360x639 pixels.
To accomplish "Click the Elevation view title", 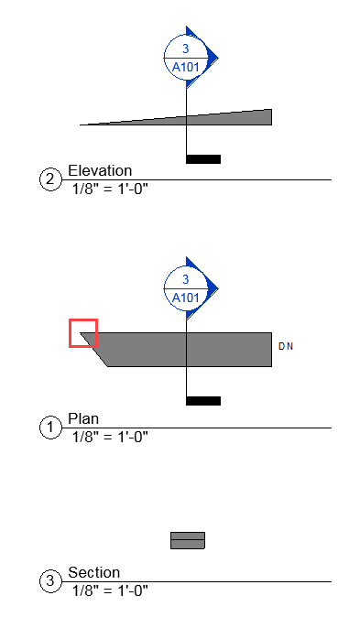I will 100,170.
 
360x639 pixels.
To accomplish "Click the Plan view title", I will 83,418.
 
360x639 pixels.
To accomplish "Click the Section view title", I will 93,572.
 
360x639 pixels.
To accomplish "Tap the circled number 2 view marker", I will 49,179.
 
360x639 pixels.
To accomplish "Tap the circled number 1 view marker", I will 49,427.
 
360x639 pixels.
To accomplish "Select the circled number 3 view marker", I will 49,580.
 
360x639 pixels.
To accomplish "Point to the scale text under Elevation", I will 110,190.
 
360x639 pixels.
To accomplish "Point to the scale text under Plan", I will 110,437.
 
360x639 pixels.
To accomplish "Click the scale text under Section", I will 110,590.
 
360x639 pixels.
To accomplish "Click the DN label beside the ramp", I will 285,346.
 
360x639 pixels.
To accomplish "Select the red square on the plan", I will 83,333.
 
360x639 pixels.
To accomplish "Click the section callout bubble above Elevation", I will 186,57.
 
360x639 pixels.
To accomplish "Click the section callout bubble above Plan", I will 186,288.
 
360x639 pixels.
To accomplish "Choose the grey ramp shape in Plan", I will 183,349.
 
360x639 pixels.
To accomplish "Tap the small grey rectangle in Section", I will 187,540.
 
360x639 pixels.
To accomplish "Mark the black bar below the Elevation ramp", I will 202,159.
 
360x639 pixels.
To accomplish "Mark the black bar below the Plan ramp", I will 202,400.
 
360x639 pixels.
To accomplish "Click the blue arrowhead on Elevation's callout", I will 213,57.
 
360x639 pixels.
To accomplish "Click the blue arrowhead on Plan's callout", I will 213,287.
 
